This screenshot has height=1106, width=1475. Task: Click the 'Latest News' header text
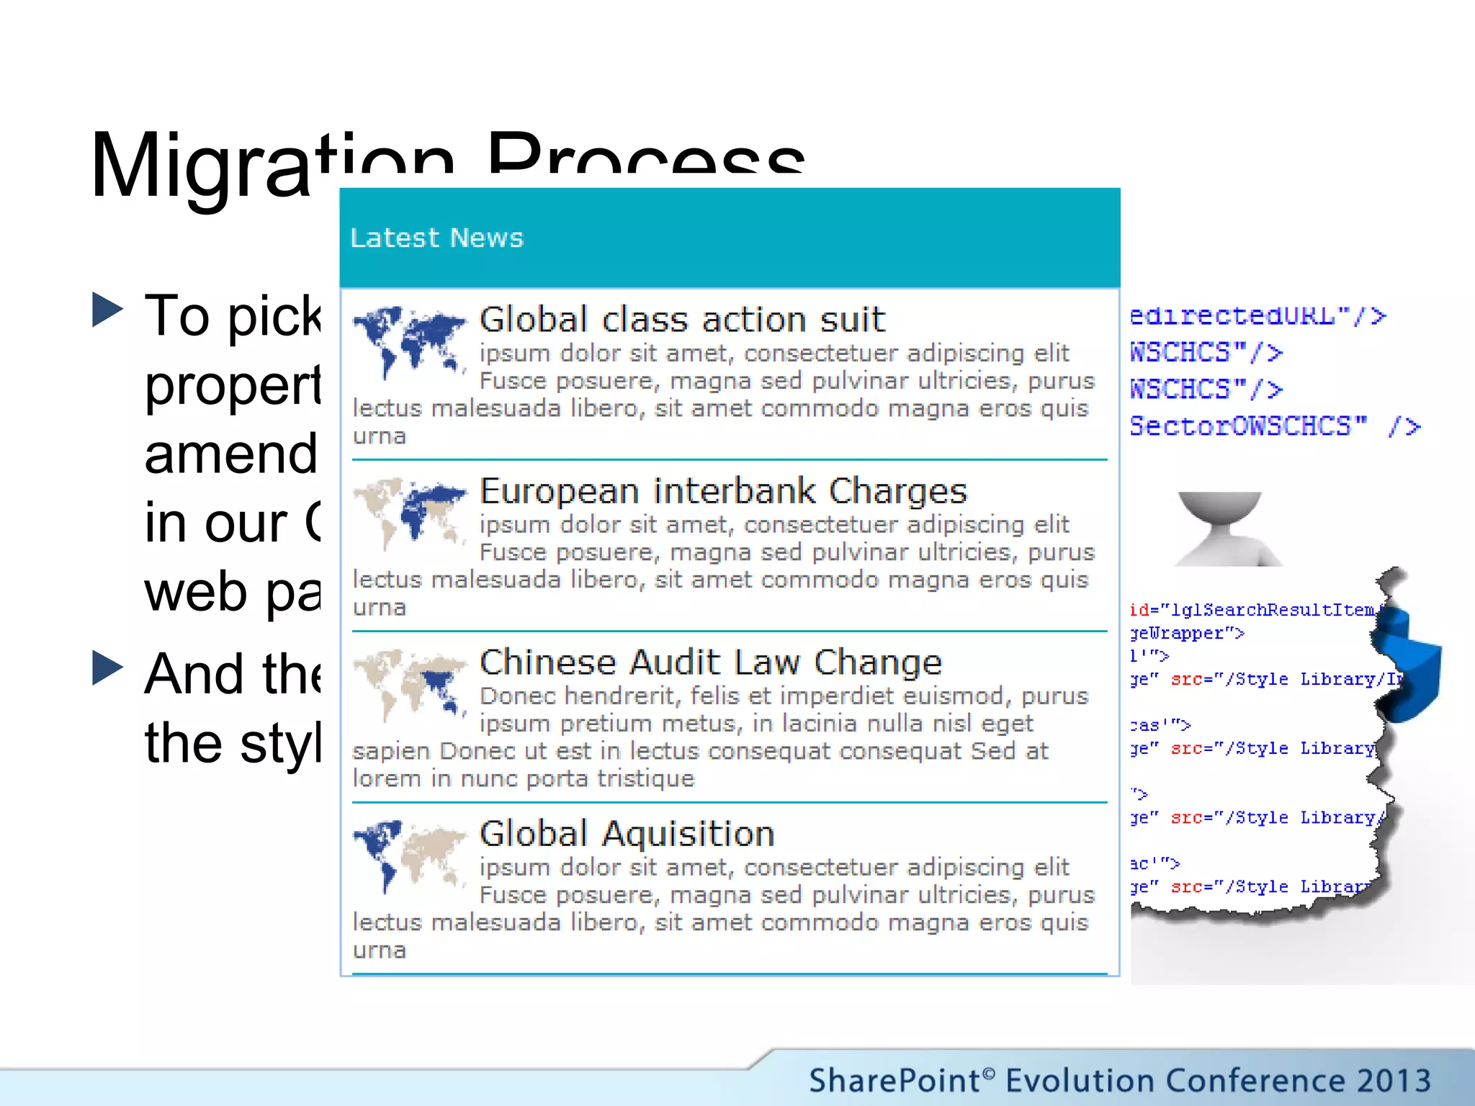436,238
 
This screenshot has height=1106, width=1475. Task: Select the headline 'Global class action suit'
682,319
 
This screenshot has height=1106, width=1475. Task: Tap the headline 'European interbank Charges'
723,491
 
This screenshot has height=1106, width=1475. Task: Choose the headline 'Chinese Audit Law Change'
711,662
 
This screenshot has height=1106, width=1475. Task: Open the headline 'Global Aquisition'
627,834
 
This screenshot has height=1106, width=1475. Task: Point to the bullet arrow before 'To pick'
108,310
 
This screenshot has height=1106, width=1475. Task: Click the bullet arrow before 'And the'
108,667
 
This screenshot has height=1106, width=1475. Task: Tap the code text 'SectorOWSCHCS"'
1247,426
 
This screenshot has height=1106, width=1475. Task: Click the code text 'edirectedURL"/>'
1257,316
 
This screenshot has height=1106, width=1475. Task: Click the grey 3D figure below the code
1224,529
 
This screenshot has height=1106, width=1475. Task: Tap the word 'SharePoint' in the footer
893,1081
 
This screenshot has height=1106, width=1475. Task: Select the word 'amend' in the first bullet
230,454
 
